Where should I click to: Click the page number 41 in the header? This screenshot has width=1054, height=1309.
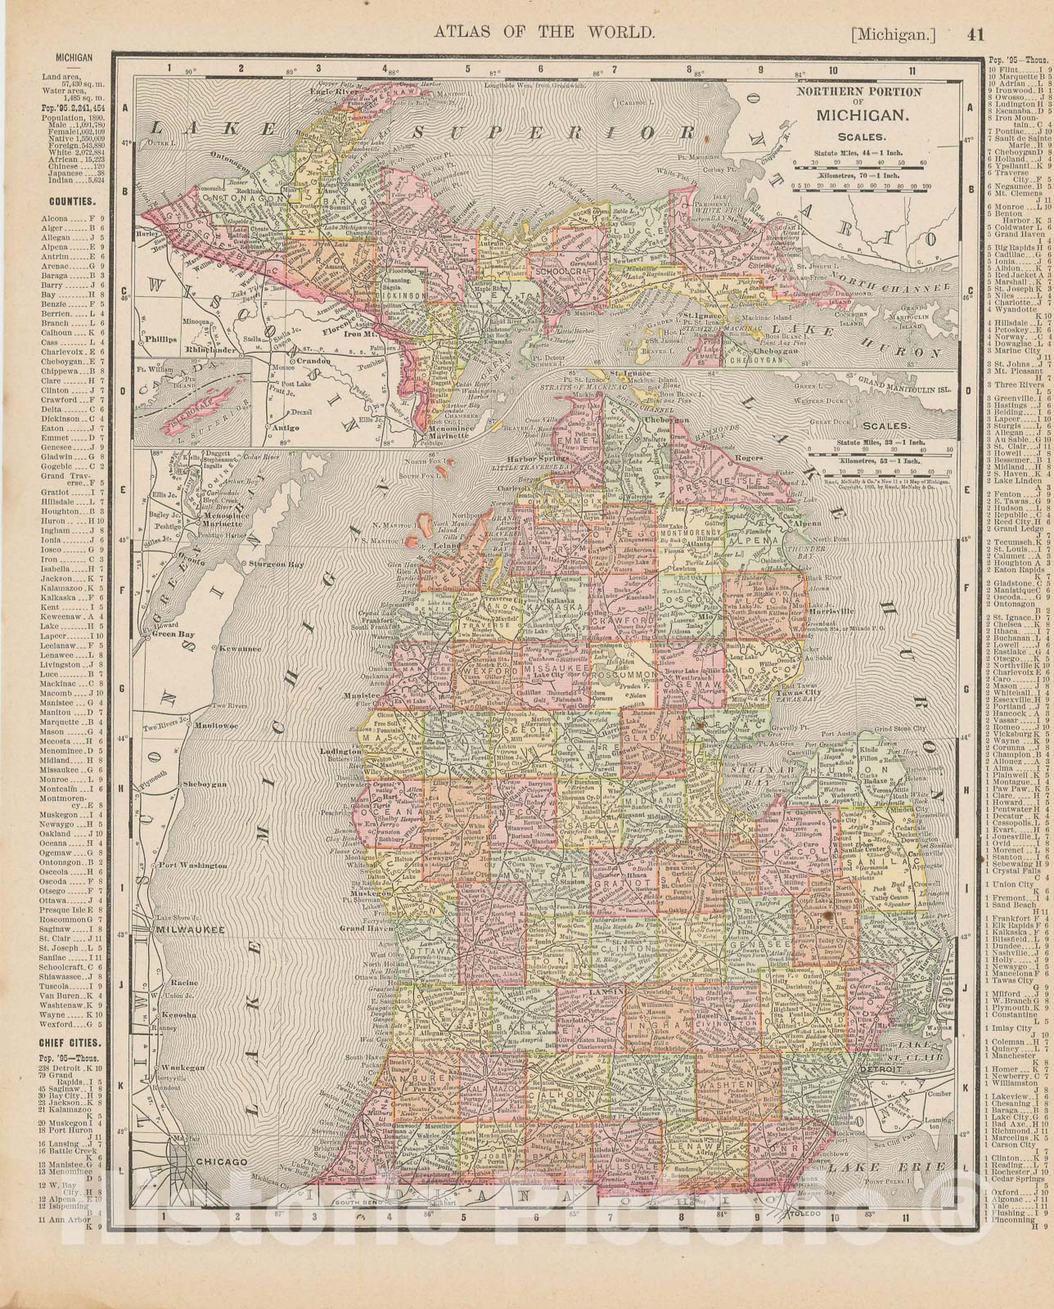[x=974, y=34]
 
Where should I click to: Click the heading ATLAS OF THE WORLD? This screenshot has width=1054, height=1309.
[x=543, y=33]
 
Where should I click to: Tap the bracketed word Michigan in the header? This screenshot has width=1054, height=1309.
[x=893, y=34]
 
